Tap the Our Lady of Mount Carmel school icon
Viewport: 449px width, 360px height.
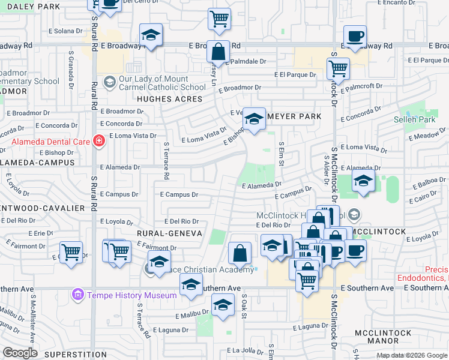point(109,81)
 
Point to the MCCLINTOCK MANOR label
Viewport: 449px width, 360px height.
point(383,337)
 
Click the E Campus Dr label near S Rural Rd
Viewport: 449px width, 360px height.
point(119,194)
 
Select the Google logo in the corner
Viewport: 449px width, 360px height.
point(19,352)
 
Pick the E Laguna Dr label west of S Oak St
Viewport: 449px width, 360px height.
point(172,330)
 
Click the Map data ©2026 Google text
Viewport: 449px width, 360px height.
point(412,355)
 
